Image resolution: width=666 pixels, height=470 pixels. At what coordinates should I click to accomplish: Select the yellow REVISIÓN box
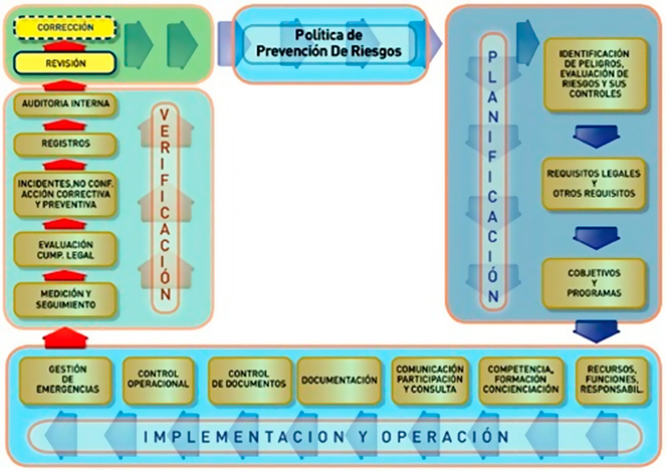coord(66,62)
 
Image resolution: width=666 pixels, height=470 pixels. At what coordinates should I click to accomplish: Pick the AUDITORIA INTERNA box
coord(66,106)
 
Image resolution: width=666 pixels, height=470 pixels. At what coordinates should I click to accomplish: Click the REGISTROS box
coord(66,144)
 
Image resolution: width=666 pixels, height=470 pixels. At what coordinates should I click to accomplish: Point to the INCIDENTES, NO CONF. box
coord(66,194)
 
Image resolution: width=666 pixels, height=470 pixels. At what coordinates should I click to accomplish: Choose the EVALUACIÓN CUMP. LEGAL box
coord(66,250)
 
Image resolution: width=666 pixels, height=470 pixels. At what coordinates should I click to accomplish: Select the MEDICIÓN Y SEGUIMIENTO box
coord(66,299)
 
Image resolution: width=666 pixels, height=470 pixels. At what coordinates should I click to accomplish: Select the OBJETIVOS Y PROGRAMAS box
coord(594,283)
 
